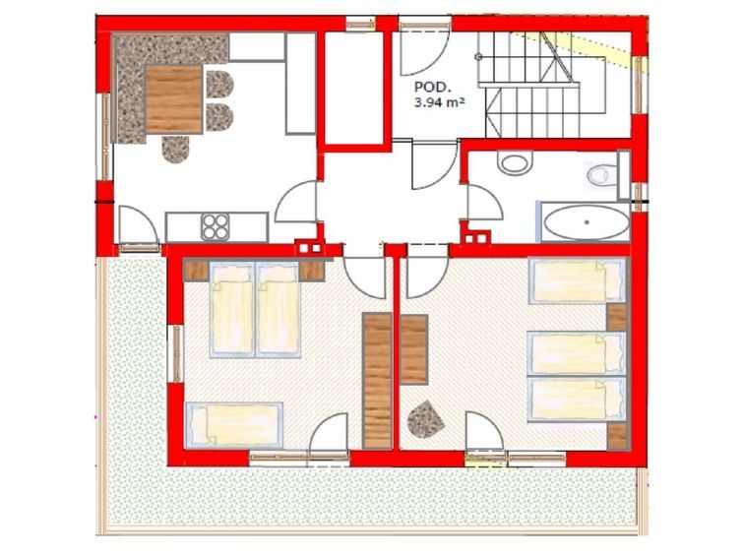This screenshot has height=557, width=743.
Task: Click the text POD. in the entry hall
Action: coord(429,87)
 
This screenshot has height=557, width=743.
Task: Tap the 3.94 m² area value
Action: coord(438,102)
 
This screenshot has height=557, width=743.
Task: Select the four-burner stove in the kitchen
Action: coord(216,226)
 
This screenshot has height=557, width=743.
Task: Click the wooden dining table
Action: coord(174,99)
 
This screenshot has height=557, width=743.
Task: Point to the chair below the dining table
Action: coord(176,150)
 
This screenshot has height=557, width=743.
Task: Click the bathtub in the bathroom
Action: coord(587,222)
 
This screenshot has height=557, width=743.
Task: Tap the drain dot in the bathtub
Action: coord(587,221)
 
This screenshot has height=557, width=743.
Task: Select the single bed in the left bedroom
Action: coord(234,425)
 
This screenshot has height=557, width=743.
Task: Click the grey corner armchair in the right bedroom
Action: coord(425,419)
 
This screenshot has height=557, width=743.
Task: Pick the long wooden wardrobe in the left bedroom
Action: coord(377,380)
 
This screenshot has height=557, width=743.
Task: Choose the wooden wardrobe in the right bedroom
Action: coord(414,349)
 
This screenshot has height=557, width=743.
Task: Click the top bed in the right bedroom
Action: coord(577,280)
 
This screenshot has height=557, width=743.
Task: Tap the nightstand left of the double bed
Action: coord(195,271)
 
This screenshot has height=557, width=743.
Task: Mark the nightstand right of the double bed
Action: coord(312,271)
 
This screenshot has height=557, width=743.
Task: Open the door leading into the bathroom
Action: coord(484,203)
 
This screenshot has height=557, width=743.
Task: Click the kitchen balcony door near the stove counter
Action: coord(138,225)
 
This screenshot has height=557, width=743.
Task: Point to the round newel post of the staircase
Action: coord(478,57)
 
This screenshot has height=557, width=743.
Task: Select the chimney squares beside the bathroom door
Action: coord(476,237)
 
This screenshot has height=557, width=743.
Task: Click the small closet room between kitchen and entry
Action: coord(354,88)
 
